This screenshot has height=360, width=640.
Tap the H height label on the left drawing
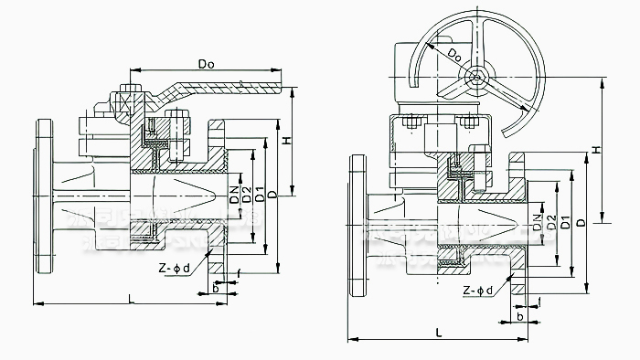point(287,141)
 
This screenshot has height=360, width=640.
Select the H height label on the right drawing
point(594,149)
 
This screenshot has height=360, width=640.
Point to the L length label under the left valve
point(133,298)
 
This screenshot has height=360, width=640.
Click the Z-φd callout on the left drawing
point(174,269)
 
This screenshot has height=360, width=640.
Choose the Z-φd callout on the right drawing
point(478,291)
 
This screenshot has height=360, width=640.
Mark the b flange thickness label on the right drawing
point(520,315)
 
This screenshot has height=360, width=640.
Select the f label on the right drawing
point(540,301)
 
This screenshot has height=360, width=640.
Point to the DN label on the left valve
point(235,194)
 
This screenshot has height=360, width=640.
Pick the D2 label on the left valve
point(247,194)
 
